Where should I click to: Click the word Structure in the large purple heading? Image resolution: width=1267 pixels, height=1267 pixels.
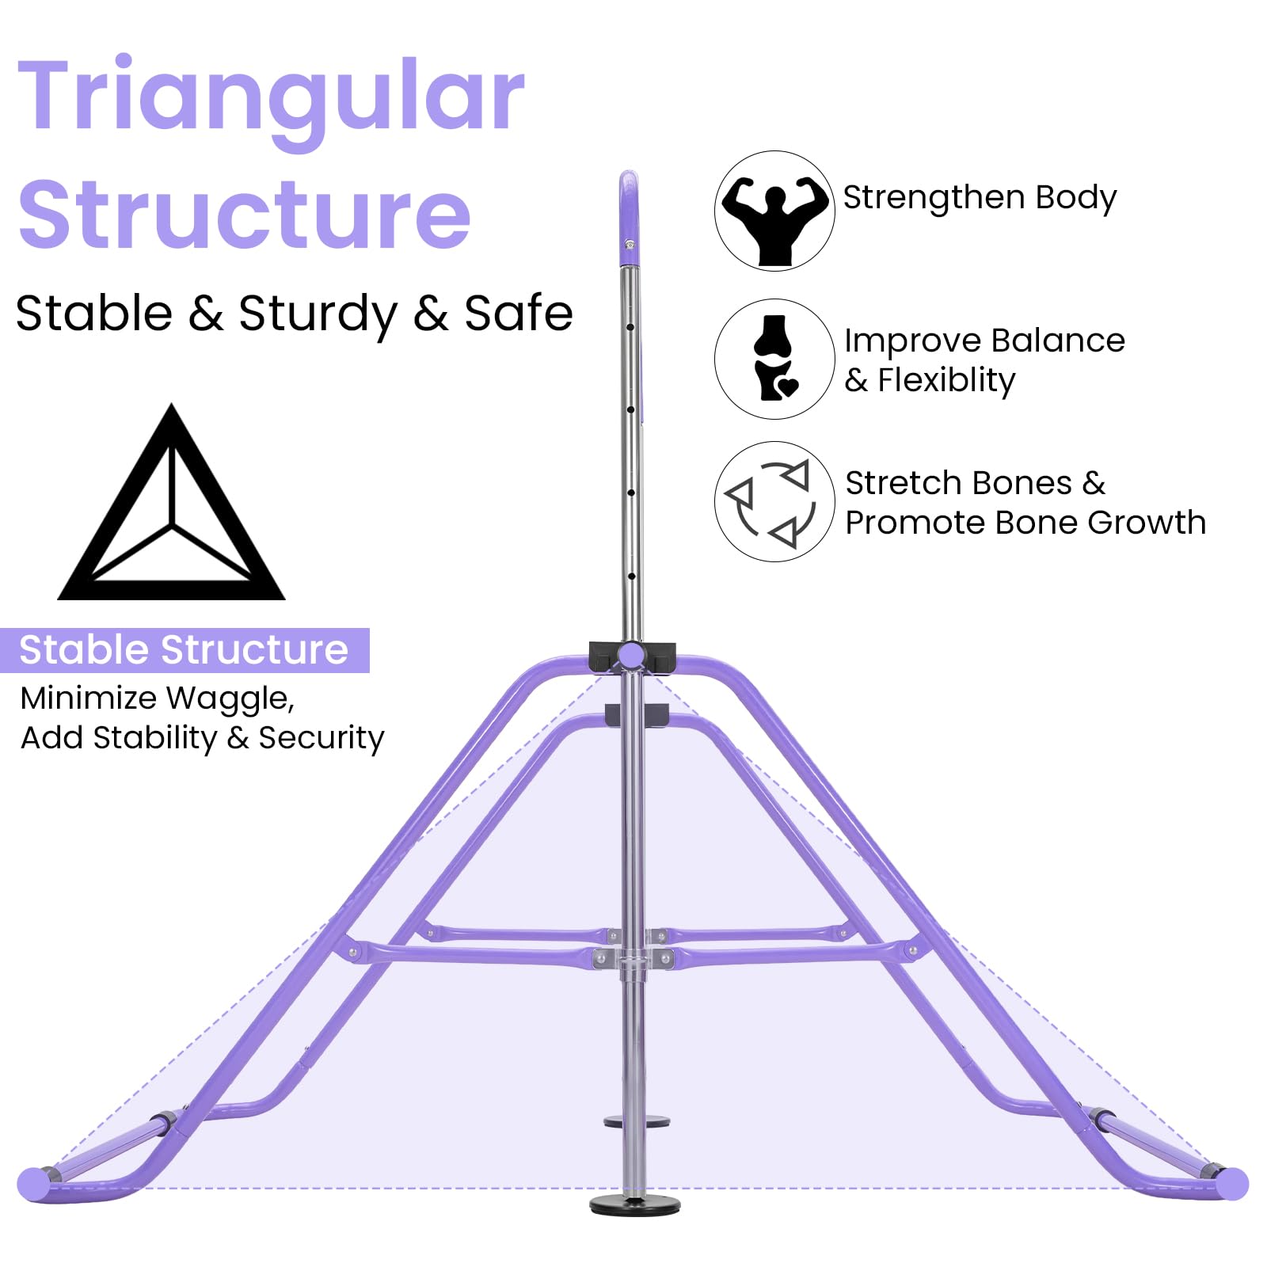coord(245,213)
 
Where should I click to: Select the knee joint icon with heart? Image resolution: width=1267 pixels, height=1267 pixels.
coord(775,358)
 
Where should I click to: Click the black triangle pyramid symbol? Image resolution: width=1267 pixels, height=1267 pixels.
coord(172,503)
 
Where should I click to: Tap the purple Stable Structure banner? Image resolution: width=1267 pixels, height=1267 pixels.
coord(185,650)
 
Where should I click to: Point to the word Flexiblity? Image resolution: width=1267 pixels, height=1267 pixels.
coord(946,381)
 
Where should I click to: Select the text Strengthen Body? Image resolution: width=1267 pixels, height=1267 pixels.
coord(980,198)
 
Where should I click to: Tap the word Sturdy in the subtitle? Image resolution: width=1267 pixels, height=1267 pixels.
coord(318,314)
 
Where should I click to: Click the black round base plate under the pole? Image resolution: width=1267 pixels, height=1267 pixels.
coord(635,1205)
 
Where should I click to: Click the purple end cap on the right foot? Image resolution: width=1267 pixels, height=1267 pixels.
coord(1232,1184)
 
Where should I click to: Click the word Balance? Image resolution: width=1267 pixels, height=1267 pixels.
coord(1058,341)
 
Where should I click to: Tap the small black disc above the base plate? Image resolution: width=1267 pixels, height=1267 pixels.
coord(637,1121)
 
